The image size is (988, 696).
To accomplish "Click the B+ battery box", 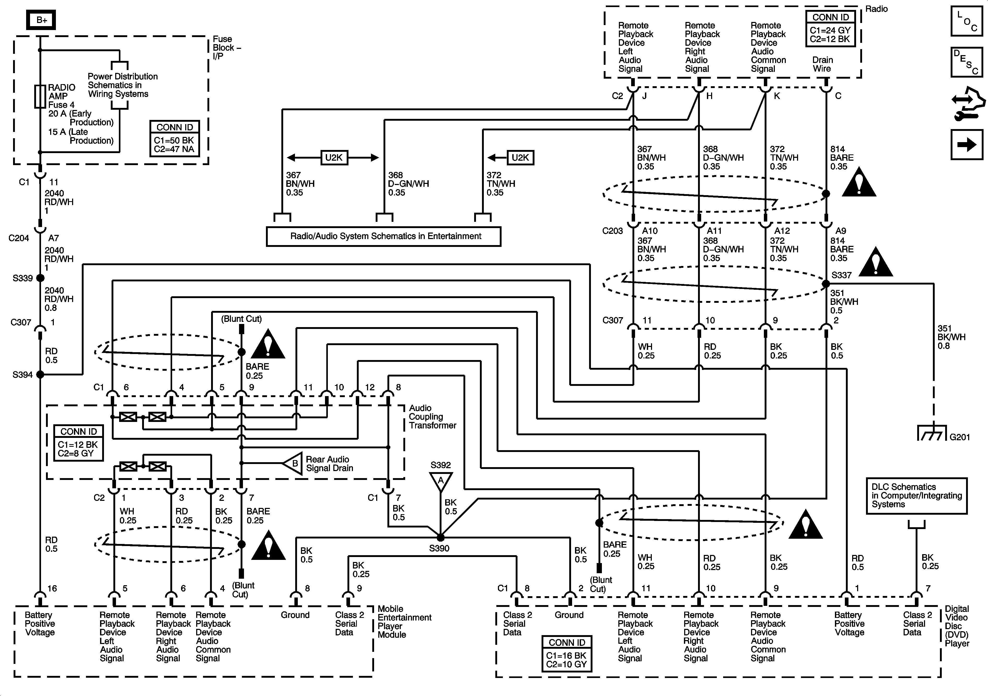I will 41,20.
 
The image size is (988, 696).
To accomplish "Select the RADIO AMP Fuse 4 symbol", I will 40,96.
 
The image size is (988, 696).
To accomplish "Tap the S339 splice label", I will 22,278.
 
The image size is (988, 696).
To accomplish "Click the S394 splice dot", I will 40,374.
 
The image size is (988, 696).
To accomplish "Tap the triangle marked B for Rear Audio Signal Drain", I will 293,463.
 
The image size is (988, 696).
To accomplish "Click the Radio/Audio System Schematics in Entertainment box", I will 383,236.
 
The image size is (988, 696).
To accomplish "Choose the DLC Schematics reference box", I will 917,496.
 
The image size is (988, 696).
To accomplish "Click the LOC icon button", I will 967,21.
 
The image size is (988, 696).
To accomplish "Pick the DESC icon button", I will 967,62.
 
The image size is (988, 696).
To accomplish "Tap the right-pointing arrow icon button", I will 967,144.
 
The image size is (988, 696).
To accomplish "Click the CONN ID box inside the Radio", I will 830,28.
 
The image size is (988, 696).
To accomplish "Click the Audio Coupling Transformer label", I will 432,417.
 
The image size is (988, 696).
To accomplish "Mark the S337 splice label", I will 841,275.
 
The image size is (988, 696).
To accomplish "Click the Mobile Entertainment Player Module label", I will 404,622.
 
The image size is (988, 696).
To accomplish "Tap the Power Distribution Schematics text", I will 122,85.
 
